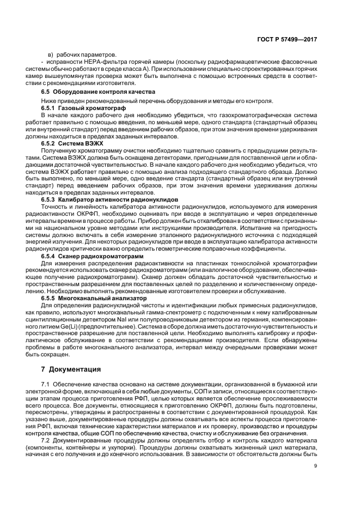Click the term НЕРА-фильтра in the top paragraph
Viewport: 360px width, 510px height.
109,62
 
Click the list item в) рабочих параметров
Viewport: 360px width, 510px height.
82,54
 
